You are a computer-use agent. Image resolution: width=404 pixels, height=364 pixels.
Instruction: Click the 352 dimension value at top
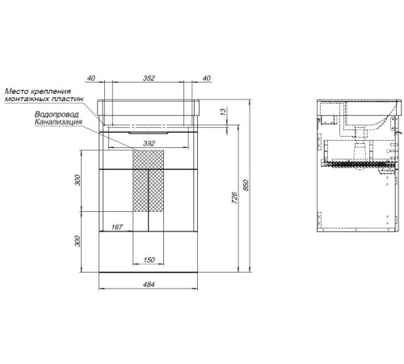pyautogui.click(x=149, y=78)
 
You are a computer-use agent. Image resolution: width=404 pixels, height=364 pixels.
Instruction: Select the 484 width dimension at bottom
pyautogui.click(x=149, y=284)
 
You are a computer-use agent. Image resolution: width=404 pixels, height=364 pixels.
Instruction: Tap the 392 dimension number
pyautogui.click(x=149, y=143)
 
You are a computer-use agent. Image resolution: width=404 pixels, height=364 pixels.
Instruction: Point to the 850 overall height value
pyautogui.click(x=246, y=185)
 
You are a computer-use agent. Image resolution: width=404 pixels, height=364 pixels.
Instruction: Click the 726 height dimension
pyautogui.click(x=234, y=197)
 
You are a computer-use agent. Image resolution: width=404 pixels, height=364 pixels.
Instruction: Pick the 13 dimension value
pyautogui.click(x=223, y=112)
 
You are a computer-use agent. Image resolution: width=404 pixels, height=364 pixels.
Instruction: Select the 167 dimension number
pyautogui.click(x=117, y=227)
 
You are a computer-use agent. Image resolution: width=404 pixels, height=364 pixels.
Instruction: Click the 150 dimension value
pyautogui.click(x=149, y=260)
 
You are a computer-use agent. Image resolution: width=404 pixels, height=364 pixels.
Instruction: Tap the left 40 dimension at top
pyautogui.click(x=91, y=78)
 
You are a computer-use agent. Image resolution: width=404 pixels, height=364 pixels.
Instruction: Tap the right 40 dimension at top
pyautogui.click(x=206, y=78)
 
